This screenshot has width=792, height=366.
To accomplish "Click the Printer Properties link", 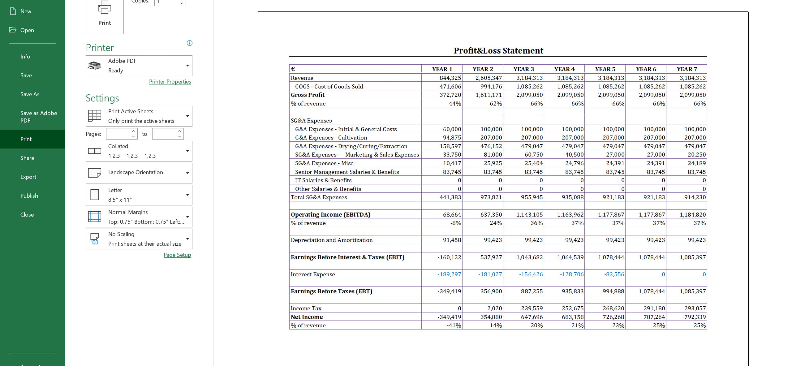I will coord(170,82).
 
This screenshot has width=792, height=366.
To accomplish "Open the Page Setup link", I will coord(177,255).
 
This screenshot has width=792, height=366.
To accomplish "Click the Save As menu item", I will coord(30,94).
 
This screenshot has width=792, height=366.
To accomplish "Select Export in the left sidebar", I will coord(28,177).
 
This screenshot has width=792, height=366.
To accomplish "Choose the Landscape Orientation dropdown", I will coord(139,173).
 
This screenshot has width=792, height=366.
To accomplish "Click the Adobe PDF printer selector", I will coord(139,66).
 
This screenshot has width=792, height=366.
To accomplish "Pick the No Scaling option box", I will coord(139,239).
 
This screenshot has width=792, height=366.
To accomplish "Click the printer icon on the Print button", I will coord(105,7).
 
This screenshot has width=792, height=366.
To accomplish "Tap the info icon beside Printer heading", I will coord(190,43).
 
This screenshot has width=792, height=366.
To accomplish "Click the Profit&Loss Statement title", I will coord(498,51).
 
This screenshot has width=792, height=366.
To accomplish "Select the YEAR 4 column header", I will coord(564,69).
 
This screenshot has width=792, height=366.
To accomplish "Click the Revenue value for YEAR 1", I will coord(450,78).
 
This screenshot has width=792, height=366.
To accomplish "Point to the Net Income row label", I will coord(307,317).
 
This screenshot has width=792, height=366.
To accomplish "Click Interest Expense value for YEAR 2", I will coord(490,274).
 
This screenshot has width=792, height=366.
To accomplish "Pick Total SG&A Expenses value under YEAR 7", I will coord(695,197).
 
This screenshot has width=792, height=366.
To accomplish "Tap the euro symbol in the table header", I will coord(293,69).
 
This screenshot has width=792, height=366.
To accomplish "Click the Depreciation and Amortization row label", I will coord(331,240).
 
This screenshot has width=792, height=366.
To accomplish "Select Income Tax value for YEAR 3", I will coord(532,308).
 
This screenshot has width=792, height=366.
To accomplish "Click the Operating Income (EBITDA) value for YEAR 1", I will coord(451,215).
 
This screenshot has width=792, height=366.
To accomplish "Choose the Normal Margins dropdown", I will coord(139,217).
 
